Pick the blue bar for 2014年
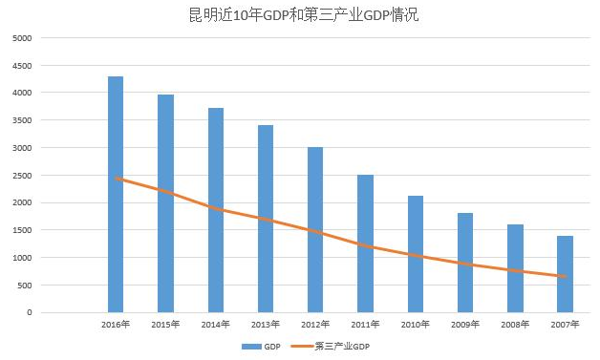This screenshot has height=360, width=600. click(216, 210)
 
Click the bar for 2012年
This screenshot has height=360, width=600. click(315, 229)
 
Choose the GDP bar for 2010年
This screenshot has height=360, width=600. click(416, 254)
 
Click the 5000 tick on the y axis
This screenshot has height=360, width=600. click(22, 38)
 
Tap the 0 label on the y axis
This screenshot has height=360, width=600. click(29, 312)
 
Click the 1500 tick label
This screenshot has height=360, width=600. click(22, 230)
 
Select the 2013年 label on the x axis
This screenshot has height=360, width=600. click(266, 325)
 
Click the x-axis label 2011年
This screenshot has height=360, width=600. click(365, 325)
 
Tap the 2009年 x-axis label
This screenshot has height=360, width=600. click(465, 325)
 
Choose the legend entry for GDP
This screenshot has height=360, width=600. click(267, 346)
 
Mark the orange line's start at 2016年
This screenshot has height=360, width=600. click(116, 178)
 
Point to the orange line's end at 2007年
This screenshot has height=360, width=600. click(565, 277)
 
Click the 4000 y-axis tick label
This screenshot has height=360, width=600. click(22, 93)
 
